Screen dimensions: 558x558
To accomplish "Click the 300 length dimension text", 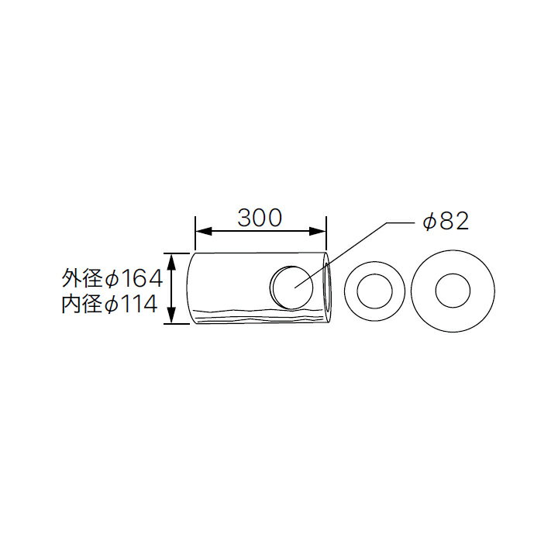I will click(x=259, y=219).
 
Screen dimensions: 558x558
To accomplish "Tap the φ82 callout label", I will click(x=446, y=222).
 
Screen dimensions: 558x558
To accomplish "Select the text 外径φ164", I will click(x=112, y=277).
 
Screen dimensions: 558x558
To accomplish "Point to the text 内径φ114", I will click(x=112, y=305).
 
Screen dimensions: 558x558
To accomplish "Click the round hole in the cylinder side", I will click(x=291, y=287).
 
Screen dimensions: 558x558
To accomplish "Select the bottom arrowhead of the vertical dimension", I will click(x=175, y=319).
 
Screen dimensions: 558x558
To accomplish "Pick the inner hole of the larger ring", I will click(x=452, y=291).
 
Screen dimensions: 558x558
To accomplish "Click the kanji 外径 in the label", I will click(x=81, y=277).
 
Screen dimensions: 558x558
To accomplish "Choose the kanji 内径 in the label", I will click(x=81, y=305).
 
